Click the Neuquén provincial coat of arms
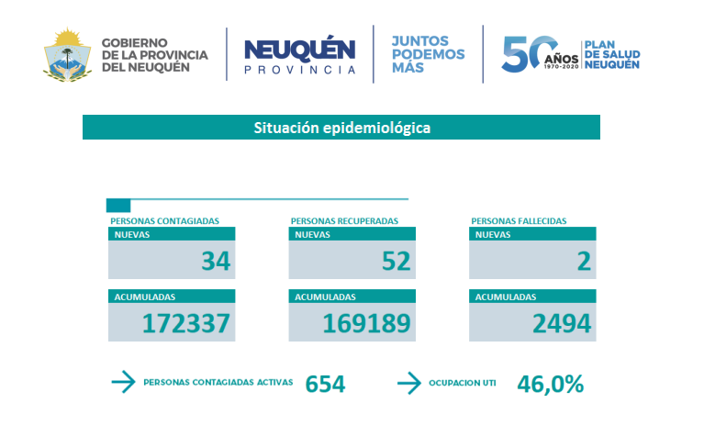66,54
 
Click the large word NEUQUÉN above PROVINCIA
300,50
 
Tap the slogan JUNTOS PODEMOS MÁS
428,54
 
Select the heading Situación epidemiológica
341,128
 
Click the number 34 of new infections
216,262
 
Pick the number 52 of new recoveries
396,262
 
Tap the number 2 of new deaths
583,262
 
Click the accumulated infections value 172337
185,323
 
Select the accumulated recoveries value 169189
365,323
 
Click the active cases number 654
325,384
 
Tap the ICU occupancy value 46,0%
551,384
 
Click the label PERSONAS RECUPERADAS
344,221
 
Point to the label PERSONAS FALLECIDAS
519,221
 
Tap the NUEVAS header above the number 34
132,234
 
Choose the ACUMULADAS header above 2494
505,297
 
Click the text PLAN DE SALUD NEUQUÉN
612,54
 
